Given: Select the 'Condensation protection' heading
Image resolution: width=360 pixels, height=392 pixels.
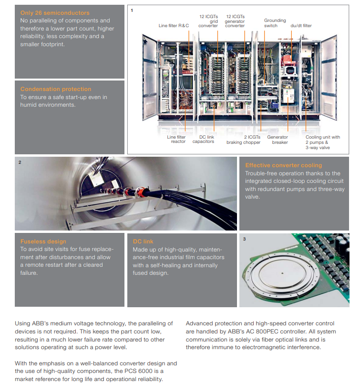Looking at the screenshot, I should pyautogui.click(x=55, y=89).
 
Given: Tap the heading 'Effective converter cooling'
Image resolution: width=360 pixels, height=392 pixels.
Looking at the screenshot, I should pyautogui.click(x=283, y=165).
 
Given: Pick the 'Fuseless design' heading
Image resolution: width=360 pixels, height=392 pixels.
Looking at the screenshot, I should pyautogui.click(x=43, y=241).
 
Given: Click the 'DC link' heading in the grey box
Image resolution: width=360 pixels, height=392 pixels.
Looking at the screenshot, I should pyautogui.click(x=143, y=241).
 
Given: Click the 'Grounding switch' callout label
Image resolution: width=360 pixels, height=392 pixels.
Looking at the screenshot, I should pyautogui.click(x=275, y=23).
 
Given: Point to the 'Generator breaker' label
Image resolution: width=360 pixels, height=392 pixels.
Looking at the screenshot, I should pyautogui.click(x=278, y=139).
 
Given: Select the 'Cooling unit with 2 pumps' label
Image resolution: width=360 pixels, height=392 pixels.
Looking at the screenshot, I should pyautogui.click(x=322, y=142).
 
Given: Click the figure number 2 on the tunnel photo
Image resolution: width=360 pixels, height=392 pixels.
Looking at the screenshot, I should pyautogui.click(x=20, y=162).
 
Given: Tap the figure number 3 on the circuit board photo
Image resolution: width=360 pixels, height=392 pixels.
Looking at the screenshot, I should pyautogui.click(x=244, y=239).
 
